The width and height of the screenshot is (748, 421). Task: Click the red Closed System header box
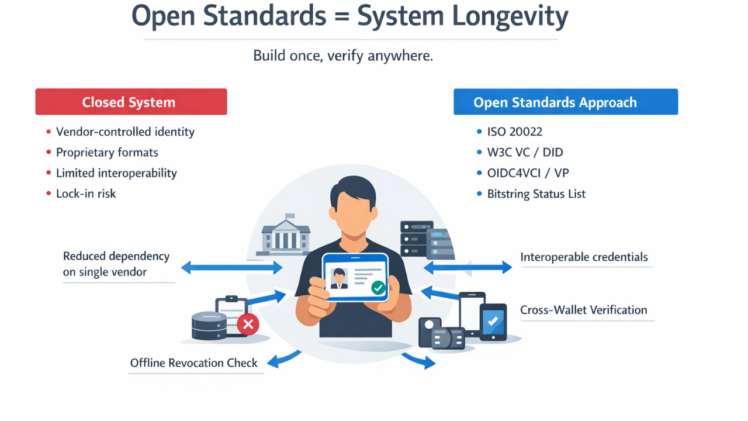[131, 102]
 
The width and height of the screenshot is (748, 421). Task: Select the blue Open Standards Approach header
[565, 102]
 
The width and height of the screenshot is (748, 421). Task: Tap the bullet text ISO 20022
[514, 132]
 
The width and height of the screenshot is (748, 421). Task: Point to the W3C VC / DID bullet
[525, 153]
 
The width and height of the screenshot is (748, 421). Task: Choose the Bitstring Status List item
[536, 194]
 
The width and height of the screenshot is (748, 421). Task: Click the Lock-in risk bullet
[86, 194]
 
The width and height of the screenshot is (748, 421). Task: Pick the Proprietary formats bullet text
[107, 153]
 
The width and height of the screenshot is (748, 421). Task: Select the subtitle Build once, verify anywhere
[343, 56]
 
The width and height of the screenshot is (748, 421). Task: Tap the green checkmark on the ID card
[378, 287]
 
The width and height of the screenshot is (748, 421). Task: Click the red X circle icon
[248, 324]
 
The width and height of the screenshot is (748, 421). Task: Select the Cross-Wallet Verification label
[583, 310]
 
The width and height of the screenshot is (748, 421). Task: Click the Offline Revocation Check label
[193, 363]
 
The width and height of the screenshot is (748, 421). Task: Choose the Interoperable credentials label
[584, 257]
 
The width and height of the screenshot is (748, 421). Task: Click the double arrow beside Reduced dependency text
[231, 268]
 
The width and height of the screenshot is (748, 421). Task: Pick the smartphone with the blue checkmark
[493, 321]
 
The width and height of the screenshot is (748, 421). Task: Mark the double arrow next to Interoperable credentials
[467, 268]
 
